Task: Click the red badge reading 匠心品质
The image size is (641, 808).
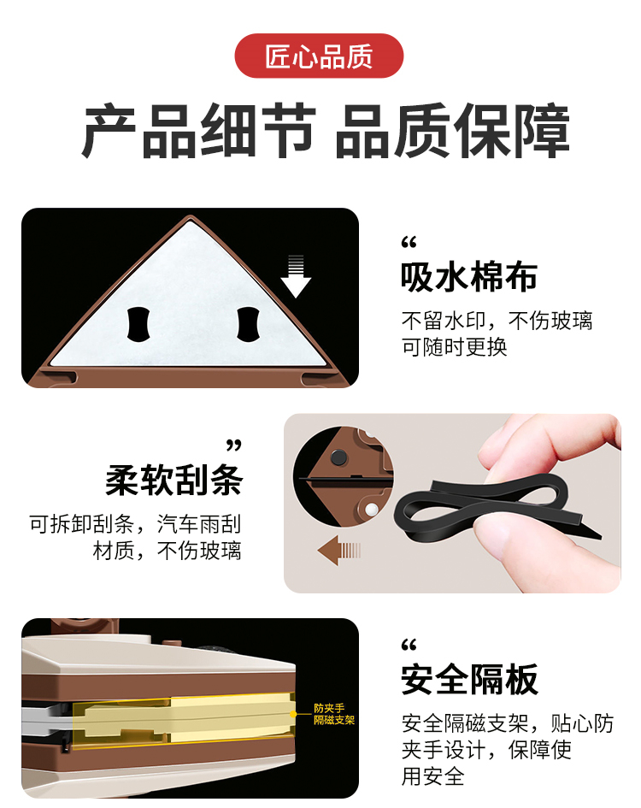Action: coord(319,56)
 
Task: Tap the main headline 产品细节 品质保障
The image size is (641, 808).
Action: coord(326,131)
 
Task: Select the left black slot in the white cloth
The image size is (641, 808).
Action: coord(138,324)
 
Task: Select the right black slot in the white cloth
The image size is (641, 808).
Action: coord(248,324)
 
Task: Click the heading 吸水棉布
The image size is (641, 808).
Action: coord(469,277)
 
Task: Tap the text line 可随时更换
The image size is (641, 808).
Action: coord(455,347)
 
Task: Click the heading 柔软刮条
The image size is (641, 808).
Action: coord(173,480)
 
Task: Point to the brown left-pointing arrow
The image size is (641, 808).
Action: coord(339,551)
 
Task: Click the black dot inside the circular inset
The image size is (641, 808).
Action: coord(338,457)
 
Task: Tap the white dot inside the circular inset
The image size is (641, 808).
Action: coord(370,510)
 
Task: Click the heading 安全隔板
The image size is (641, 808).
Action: coord(469,680)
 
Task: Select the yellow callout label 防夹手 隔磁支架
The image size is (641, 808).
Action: coord(334,714)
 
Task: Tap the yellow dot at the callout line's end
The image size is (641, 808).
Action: coord(293,714)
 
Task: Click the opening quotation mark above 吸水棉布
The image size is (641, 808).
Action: coord(409,242)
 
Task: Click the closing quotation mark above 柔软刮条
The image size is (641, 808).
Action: coord(234,445)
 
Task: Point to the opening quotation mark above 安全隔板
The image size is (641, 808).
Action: coord(409,645)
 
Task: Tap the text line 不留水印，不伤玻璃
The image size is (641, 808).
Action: coord(497,321)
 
